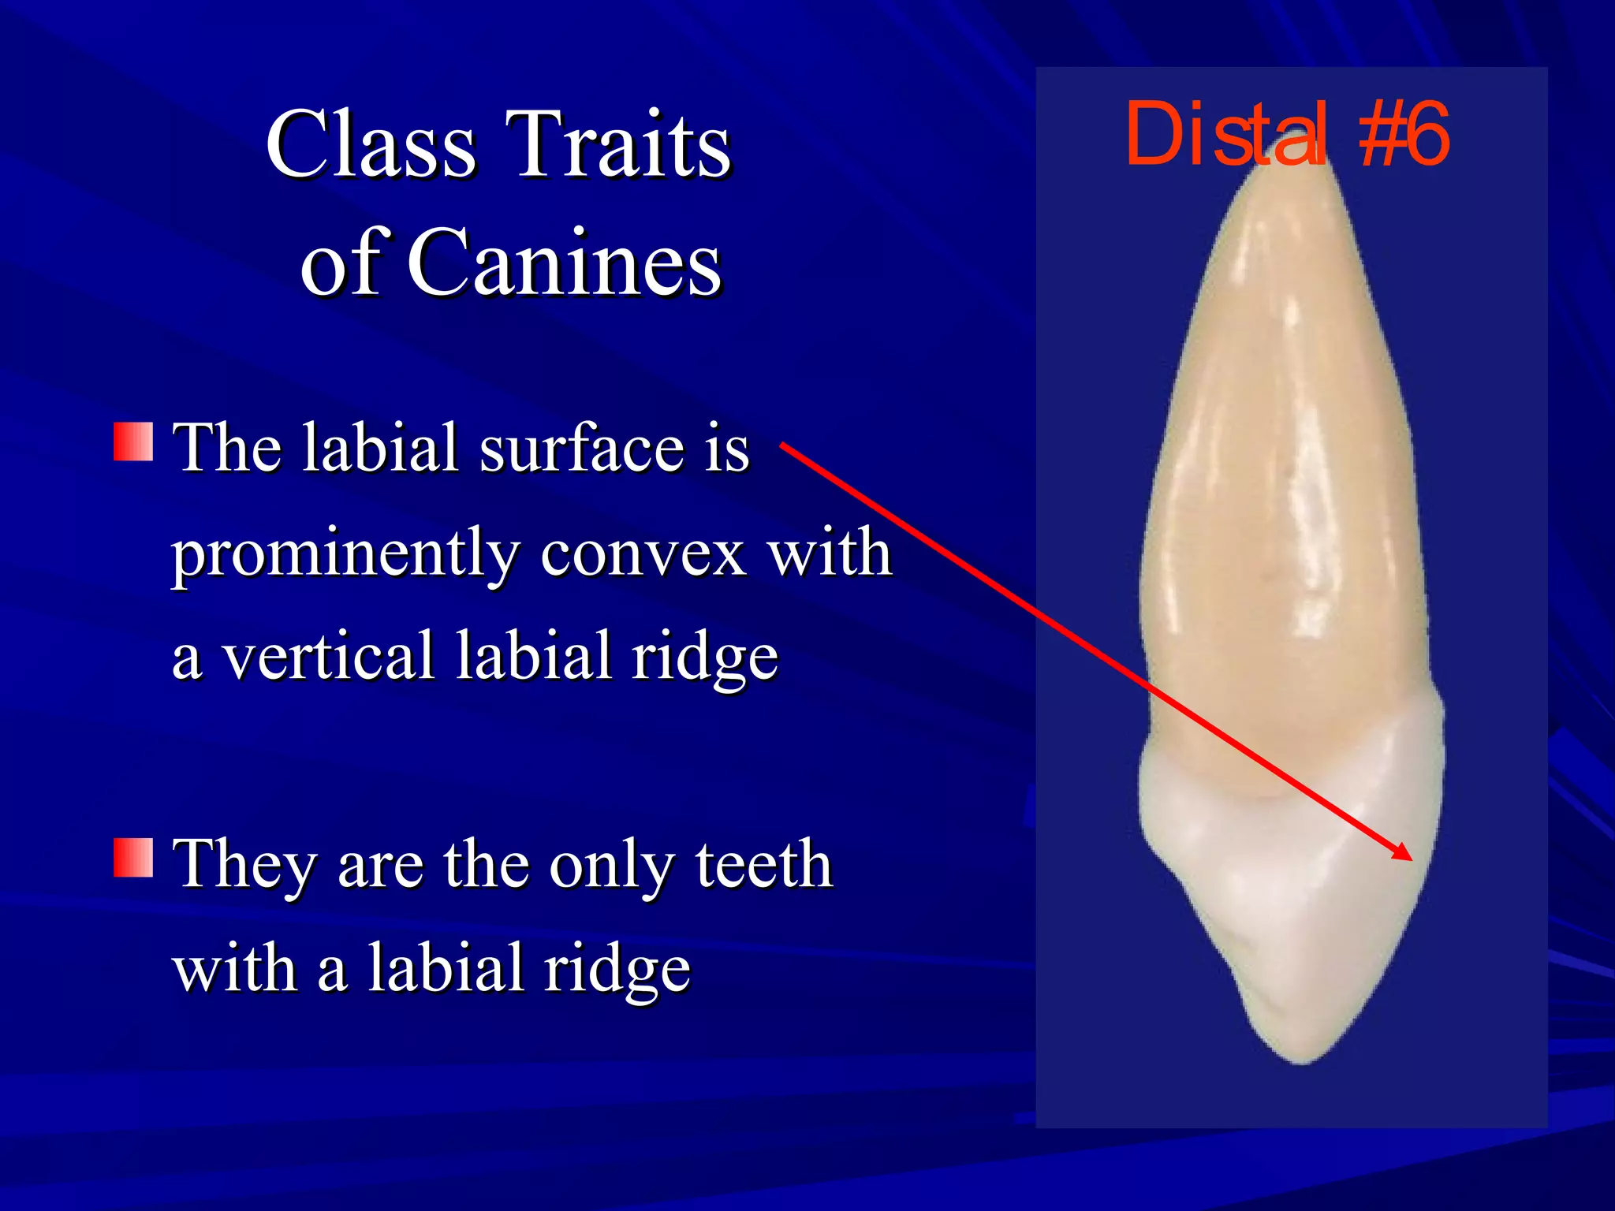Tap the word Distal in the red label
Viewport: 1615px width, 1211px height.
(x=1226, y=135)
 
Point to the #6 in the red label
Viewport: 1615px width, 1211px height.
(x=1404, y=135)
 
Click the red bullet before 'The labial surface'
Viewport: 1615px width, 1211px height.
(x=132, y=442)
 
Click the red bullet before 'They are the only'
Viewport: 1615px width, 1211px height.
(x=132, y=859)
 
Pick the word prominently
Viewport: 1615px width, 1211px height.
(x=345, y=554)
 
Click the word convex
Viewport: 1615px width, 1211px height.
(x=643, y=554)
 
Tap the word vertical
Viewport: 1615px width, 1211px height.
(x=327, y=656)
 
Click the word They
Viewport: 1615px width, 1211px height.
(x=245, y=865)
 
